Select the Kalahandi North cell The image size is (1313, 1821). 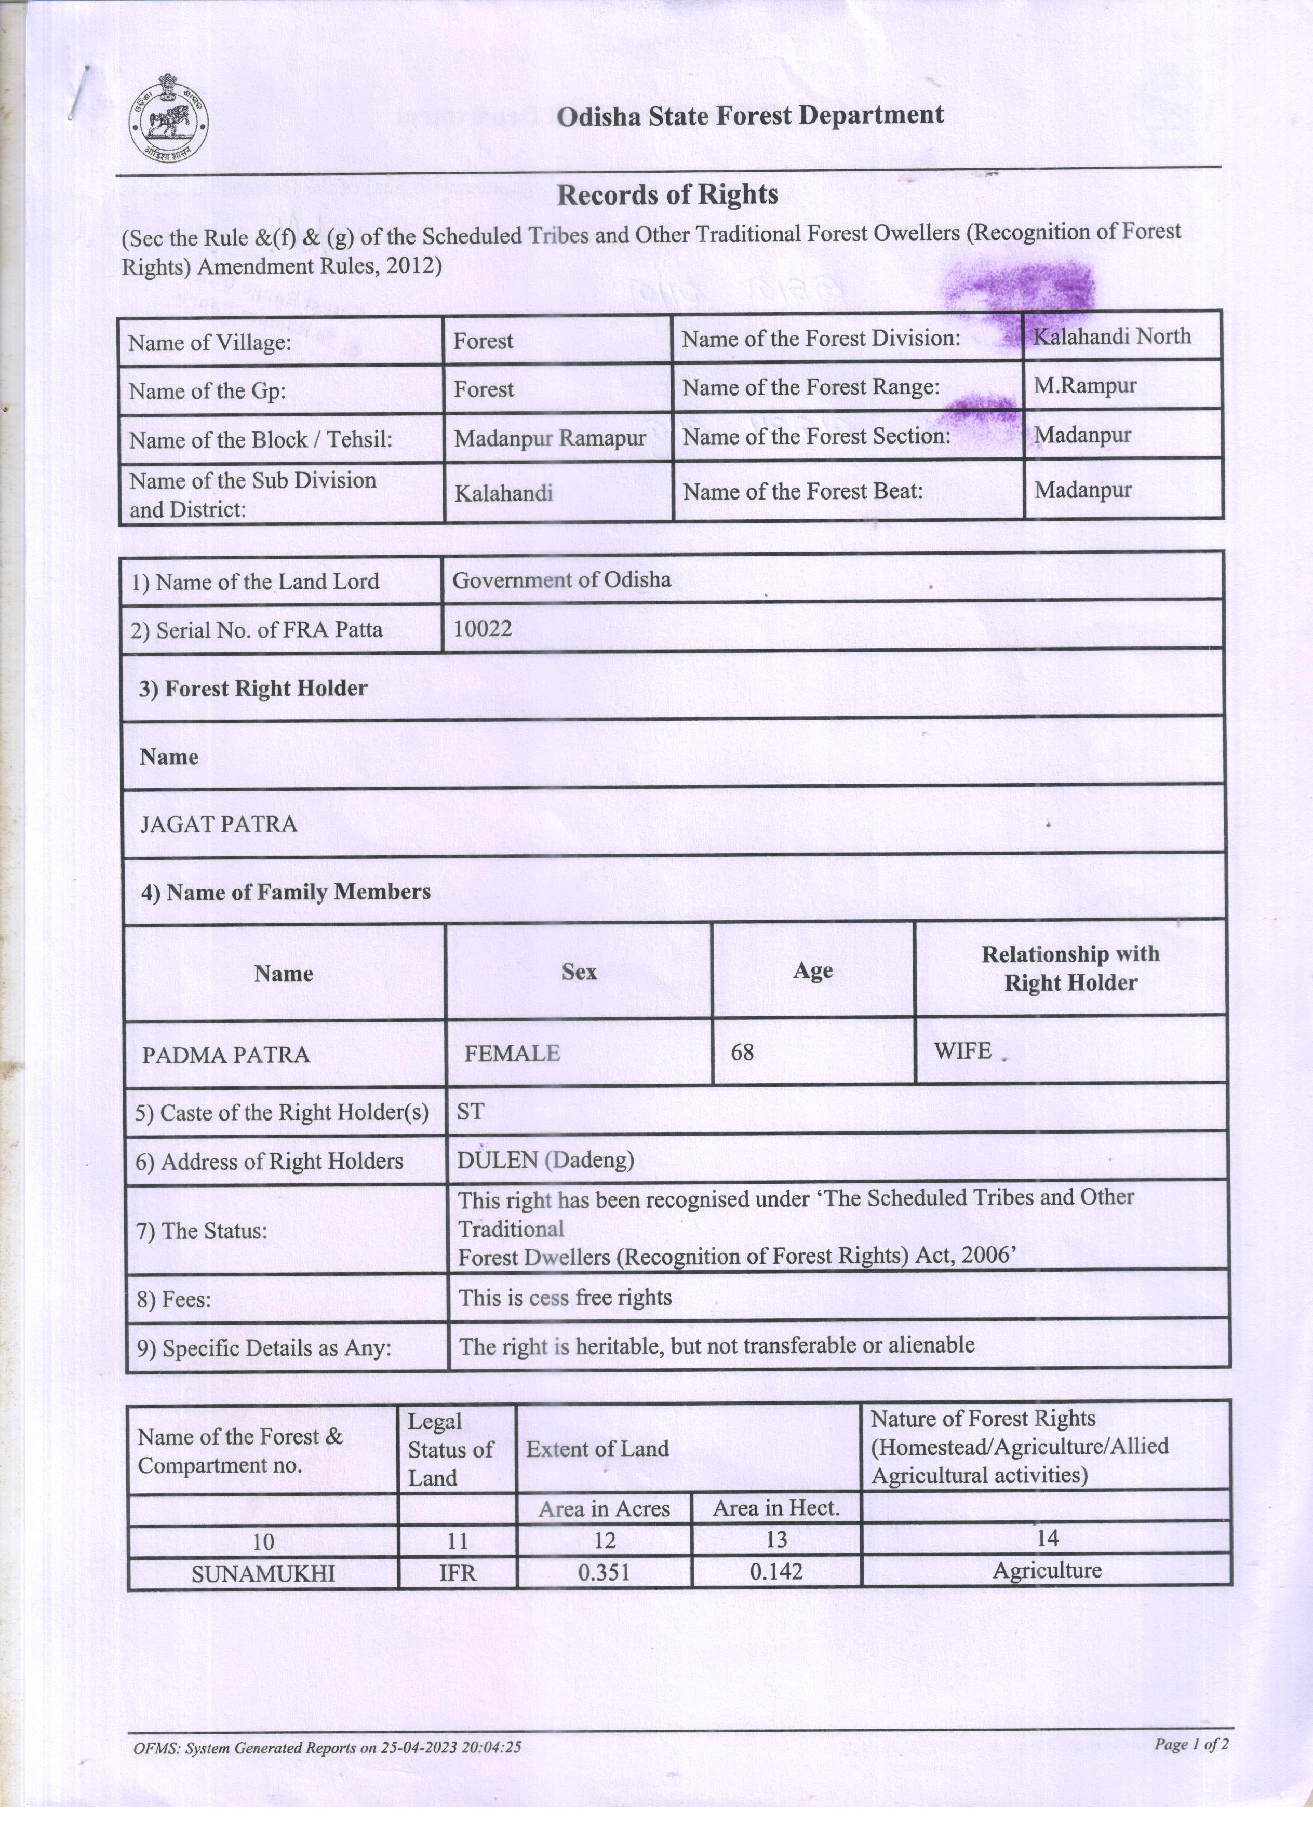(1111, 336)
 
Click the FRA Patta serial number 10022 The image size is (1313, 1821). (483, 629)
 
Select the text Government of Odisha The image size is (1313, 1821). (561, 579)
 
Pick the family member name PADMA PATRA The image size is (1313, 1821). (225, 1054)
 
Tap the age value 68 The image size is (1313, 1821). (742, 1052)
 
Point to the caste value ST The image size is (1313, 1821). (471, 1111)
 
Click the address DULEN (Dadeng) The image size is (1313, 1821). (545, 1160)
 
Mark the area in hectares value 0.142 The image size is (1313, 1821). (776, 1571)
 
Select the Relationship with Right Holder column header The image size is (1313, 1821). (1070, 968)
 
